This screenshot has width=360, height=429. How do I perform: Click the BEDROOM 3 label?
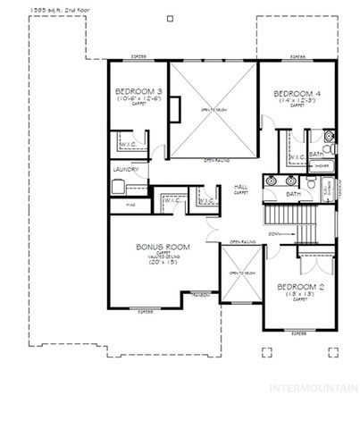pyautogui.click(x=138, y=92)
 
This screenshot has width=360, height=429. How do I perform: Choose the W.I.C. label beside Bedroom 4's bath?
pyautogui.click(x=296, y=156)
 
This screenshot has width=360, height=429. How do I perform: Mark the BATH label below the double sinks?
pyautogui.click(x=293, y=193)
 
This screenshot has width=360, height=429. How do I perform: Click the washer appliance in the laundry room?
pyautogui.click(x=116, y=186)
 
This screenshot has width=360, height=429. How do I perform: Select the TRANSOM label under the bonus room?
pyautogui.click(x=201, y=294)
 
